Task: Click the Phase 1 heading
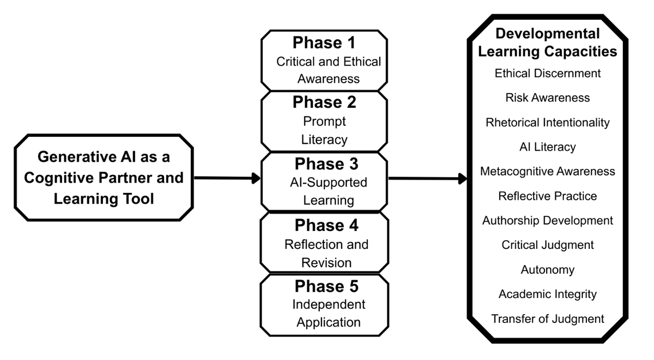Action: tap(324, 42)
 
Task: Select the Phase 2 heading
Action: tap(324, 102)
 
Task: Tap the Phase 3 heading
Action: tap(326, 164)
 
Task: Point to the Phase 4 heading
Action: tap(326, 225)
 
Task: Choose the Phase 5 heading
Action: tap(326, 286)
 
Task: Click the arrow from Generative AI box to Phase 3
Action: tap(227, 178)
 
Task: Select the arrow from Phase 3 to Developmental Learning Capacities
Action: tap(428, 179)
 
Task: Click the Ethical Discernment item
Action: tap(547, 73)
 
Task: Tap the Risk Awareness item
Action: tap(547, 97)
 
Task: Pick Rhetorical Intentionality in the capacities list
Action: tap(547, 123)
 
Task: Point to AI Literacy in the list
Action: tap(547, 147)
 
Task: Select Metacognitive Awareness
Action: tap(547, 172)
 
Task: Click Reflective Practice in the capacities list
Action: tap(547, 196)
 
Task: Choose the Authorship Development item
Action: tap(547, 221)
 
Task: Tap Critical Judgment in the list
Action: tap(547, 245)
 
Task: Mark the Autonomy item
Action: tap(547, 270)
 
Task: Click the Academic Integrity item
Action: tap(547, 294)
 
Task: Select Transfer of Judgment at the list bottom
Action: tap(547, 319)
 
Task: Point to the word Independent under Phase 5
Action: tap(329, 304)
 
